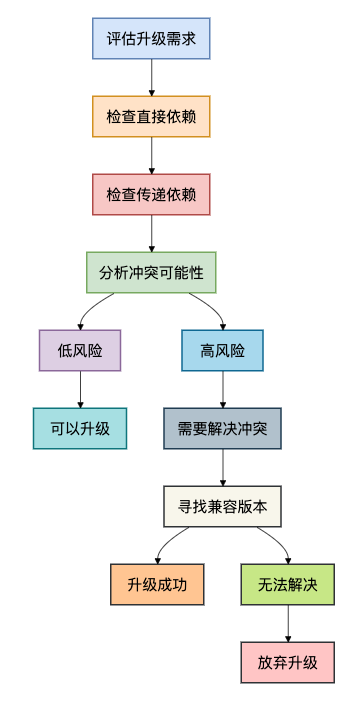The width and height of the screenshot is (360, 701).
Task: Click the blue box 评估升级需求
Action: point(151,38)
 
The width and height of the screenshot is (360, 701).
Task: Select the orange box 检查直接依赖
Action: point(151,116)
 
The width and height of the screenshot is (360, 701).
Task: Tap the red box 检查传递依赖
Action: point(151,194)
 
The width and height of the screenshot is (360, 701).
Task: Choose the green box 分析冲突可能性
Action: point(151,272)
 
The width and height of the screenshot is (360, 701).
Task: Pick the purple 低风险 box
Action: point(80,350)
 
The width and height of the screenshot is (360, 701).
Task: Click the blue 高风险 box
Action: point(222,350)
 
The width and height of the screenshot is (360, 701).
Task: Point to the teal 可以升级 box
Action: point(80,428)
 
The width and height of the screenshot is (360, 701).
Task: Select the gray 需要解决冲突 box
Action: point(222,428)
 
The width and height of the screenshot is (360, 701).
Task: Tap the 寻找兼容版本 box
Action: point(222,506)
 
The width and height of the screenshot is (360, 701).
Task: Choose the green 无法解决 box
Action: point(287,584)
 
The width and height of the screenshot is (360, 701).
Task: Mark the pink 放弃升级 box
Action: point(287,662)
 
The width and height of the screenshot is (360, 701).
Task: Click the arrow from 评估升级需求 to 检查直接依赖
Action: point(151,77)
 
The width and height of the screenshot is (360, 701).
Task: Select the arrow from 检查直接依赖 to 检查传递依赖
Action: point(151,155)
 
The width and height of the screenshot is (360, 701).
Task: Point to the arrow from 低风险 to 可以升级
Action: point(80,389)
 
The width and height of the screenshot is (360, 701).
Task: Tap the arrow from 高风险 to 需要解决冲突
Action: point(222,389)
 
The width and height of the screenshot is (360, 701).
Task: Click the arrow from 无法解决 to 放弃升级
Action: point(287,623)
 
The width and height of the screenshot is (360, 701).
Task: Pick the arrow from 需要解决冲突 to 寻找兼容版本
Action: point(222,467)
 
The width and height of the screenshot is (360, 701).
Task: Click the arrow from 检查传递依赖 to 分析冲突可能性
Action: point(151,233)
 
